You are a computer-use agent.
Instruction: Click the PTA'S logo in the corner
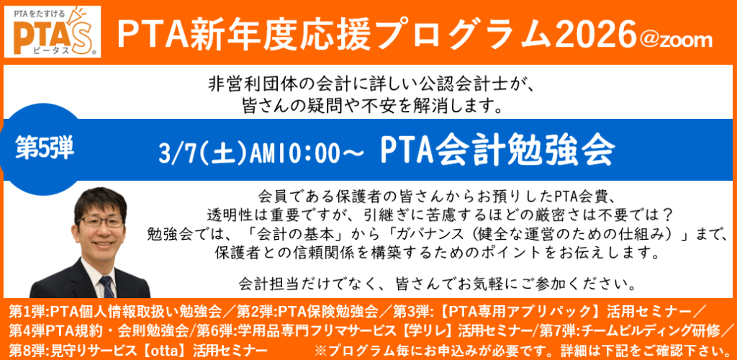(x=53, y=32)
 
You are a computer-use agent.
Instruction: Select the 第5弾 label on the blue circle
(x=42, y=142)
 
